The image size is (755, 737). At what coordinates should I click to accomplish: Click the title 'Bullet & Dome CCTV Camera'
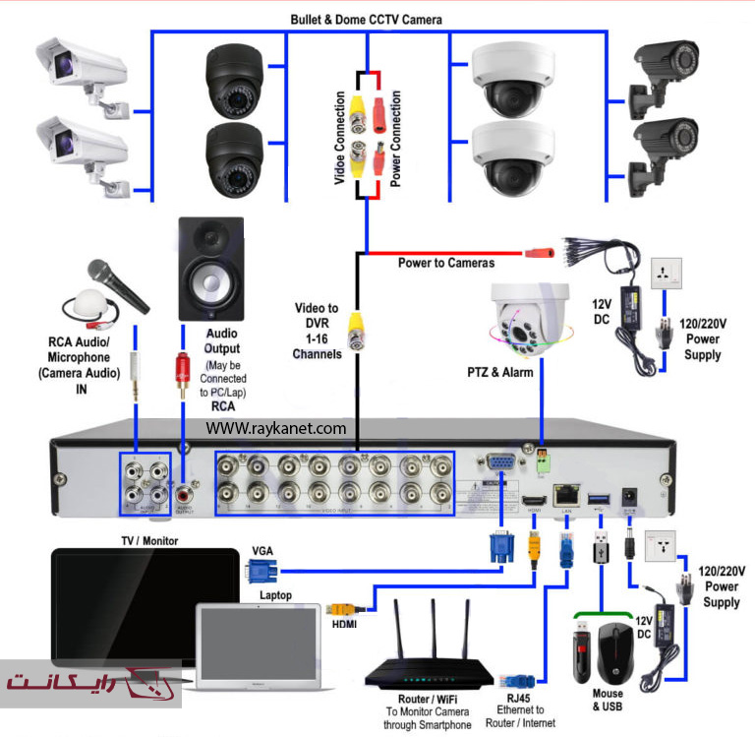pos(366,19)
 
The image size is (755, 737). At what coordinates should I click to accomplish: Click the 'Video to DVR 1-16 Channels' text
pos(317,331)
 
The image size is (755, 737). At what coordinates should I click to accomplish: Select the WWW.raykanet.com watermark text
pos(276,428)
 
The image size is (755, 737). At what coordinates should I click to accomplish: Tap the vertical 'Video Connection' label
pos(340,139)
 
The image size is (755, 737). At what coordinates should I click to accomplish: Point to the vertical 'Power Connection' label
pos(395,139)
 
